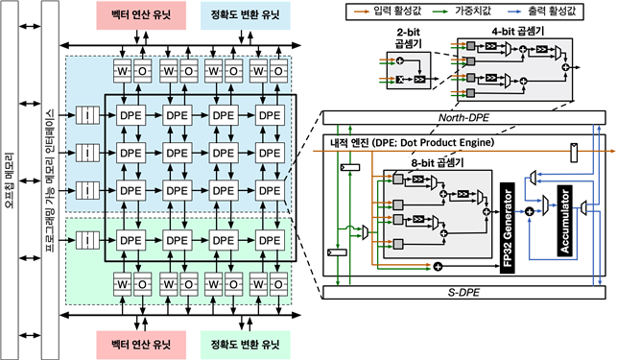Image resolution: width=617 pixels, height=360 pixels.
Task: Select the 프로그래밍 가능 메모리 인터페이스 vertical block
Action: coord(49,180)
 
